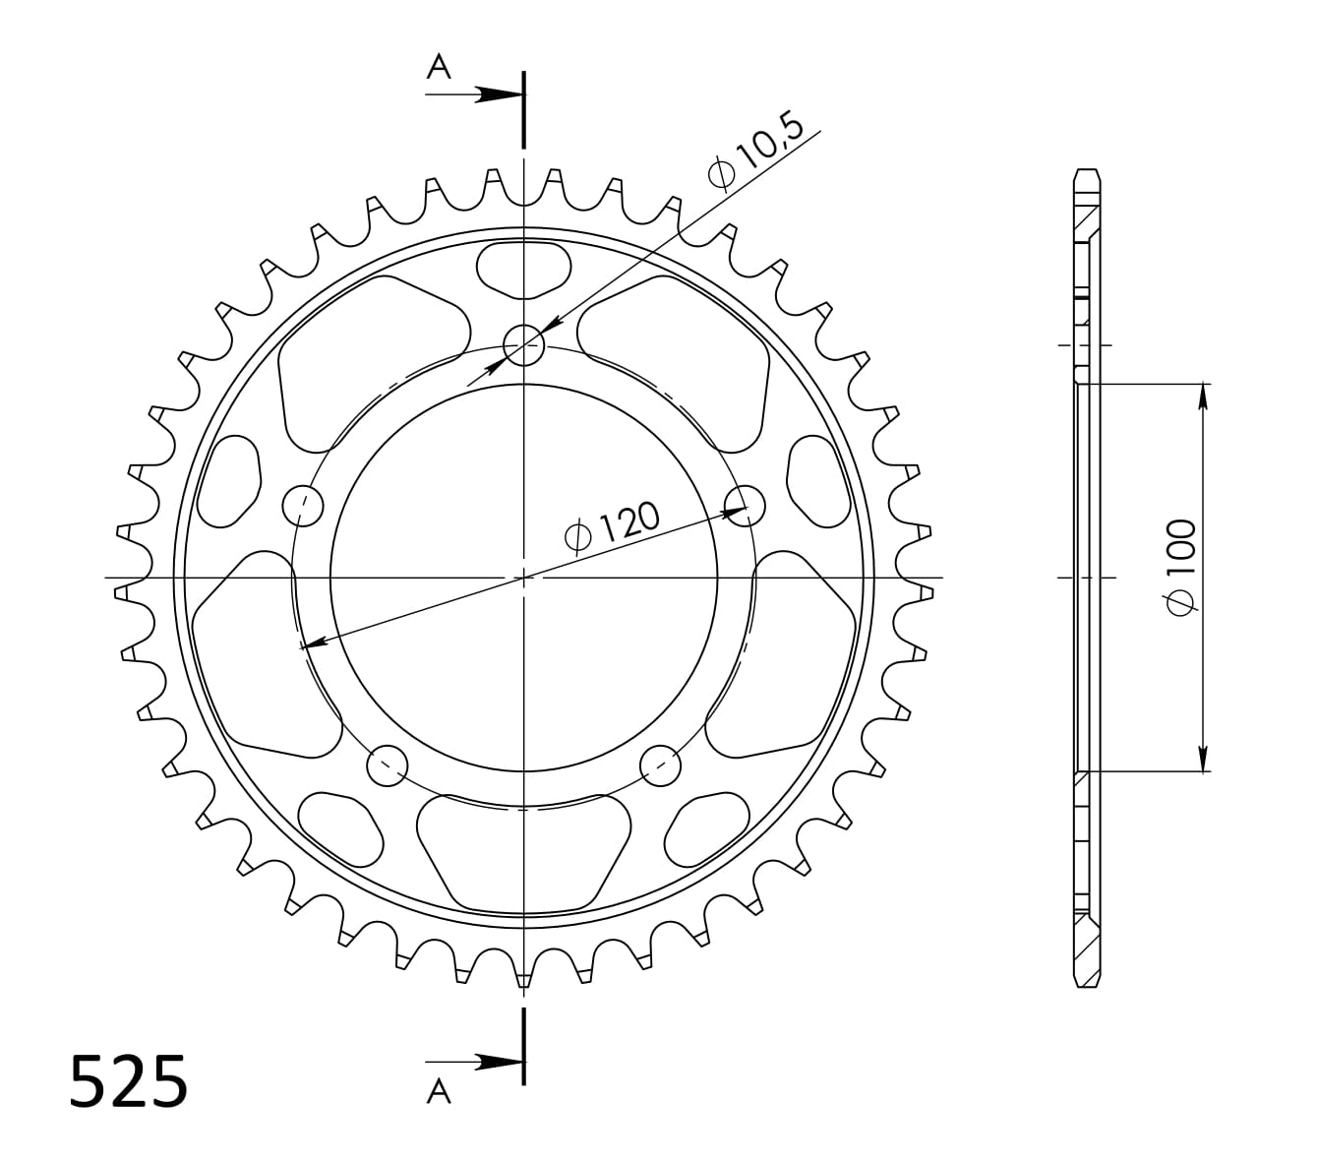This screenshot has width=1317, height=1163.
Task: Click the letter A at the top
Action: click(439, 67)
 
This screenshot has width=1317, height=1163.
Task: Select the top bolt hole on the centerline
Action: click(523, 344)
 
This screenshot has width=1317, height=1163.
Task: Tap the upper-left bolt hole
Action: click(303, 506)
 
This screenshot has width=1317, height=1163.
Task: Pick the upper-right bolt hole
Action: click(745, 505)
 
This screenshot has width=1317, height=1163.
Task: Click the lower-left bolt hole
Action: click(388, 764)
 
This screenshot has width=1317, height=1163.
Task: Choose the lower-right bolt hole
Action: click(660, 764)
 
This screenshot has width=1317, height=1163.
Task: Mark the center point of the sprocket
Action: click(523, 577)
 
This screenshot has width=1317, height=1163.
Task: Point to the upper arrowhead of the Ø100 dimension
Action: click(1203, 396)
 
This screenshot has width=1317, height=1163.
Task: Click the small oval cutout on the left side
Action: click(228, 481)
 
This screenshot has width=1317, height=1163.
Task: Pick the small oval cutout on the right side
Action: click(819, 481)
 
